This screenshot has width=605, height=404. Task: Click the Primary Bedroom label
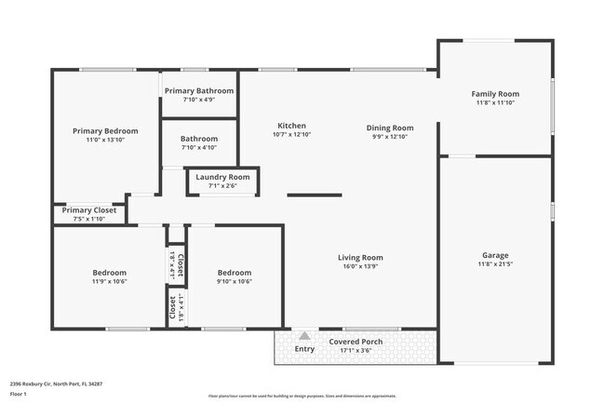[x=105, y=131]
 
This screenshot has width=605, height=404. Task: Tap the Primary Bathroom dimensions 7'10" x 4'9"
[x=198, y=100]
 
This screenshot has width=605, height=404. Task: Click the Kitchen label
[x=291, y=126]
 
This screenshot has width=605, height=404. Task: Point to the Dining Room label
[x=390, y=128]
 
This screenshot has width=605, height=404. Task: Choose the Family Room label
[x=495, y=94]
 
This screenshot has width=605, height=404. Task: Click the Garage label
[x=495, y=255]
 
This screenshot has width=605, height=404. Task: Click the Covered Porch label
[x=356, y=342]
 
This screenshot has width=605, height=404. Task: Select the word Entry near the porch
[x=304, y=349]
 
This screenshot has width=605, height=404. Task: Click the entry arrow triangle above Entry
[x=304, y=335]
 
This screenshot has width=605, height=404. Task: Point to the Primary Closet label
[x=89, y=210]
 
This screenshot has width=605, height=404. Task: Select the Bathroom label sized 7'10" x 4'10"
[x=198, y=139]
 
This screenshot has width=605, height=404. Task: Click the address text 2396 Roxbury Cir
[x=56, y=384]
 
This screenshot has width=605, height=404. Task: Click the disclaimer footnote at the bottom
[x=302, y=396]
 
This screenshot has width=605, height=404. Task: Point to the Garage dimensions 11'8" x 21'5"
[x=495, y=264]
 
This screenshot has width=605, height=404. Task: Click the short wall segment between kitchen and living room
[x=314, y=195]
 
